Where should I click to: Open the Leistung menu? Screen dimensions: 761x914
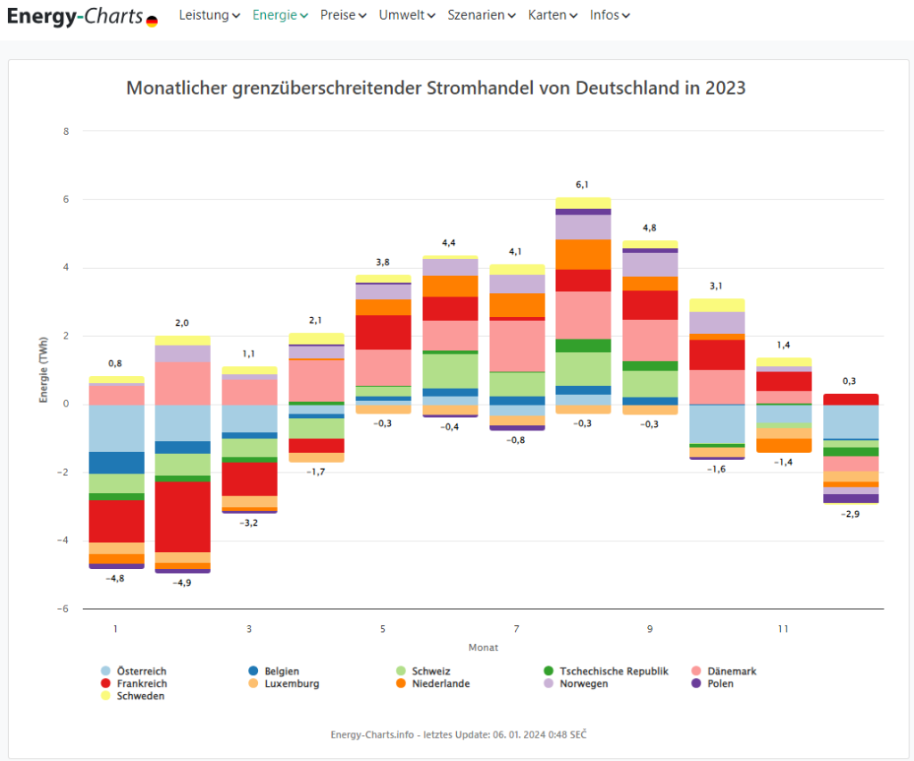[209, 15]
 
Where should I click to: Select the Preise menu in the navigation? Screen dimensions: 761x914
[343, 15]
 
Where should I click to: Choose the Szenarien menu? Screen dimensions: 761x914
[481, 15]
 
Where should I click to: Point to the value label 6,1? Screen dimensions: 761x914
[582, 184]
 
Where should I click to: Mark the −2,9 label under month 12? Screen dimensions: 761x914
[850, 514]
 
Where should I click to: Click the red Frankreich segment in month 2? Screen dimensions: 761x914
[182, 516]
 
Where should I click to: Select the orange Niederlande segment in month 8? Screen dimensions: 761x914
[583, 255]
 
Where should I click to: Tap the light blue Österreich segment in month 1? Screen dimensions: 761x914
[116, 428]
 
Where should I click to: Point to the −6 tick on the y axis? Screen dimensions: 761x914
[63, 609]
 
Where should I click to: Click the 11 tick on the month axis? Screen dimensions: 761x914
[783, 629]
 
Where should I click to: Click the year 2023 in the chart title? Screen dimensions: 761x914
[725, 88]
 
